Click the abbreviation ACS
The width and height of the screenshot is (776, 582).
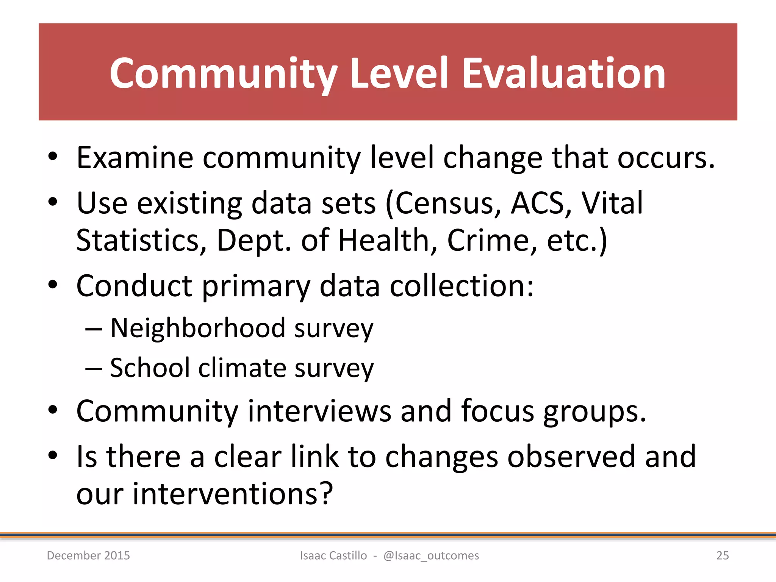(x=538, y=203)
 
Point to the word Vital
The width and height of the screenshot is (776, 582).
(x=612, y=203)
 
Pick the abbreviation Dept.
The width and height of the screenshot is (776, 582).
(x=253, y=241)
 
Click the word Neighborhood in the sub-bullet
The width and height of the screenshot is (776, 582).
(x=197, y=328)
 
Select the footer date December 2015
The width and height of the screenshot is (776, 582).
(x=88, y=555)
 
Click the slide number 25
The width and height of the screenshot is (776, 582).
(x=722, y=555)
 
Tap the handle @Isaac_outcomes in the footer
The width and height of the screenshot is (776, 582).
(x=431, y=555)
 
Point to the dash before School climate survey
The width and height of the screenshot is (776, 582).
(x=94, y=368)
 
